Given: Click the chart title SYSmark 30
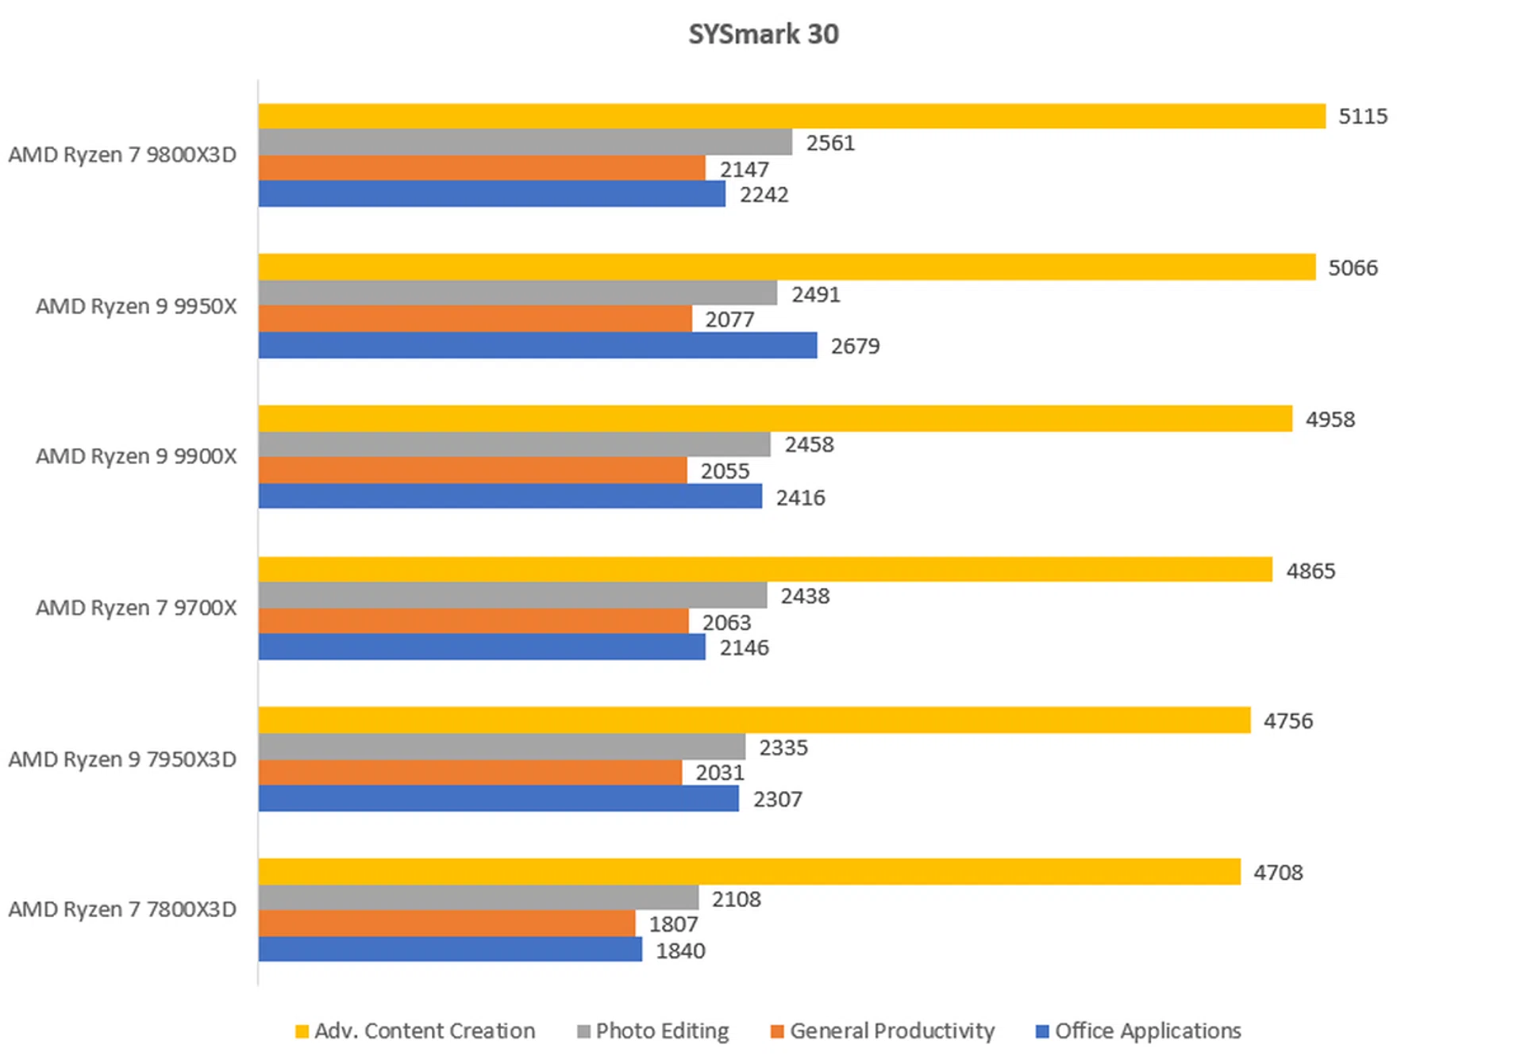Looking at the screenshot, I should coord(763,34).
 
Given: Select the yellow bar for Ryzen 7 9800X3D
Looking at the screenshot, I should coord(791,116).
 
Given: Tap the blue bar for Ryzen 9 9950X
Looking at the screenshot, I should coord(537,345).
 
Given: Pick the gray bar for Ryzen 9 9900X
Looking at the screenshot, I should coord(514,444).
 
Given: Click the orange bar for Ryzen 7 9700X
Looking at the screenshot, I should coord(473,621).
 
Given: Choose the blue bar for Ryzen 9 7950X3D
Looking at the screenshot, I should coord(498,798).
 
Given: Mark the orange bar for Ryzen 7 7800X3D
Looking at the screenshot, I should coord(446,923).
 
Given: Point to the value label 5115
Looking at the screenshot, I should coord(1363,117).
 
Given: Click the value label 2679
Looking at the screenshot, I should coord(855,347).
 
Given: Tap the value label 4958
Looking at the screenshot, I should coord(1330,419).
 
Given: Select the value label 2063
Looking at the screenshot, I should coord(726,623).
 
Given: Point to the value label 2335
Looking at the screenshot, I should coord(783,747).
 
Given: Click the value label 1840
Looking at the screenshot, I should coord(680,950).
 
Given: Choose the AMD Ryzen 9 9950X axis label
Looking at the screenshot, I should coord(136,306).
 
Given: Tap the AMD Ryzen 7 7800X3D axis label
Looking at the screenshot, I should coord(122,909).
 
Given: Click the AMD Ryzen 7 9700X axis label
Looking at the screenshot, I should coord(136,608).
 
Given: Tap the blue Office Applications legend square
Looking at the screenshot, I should coord(1042,1031).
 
